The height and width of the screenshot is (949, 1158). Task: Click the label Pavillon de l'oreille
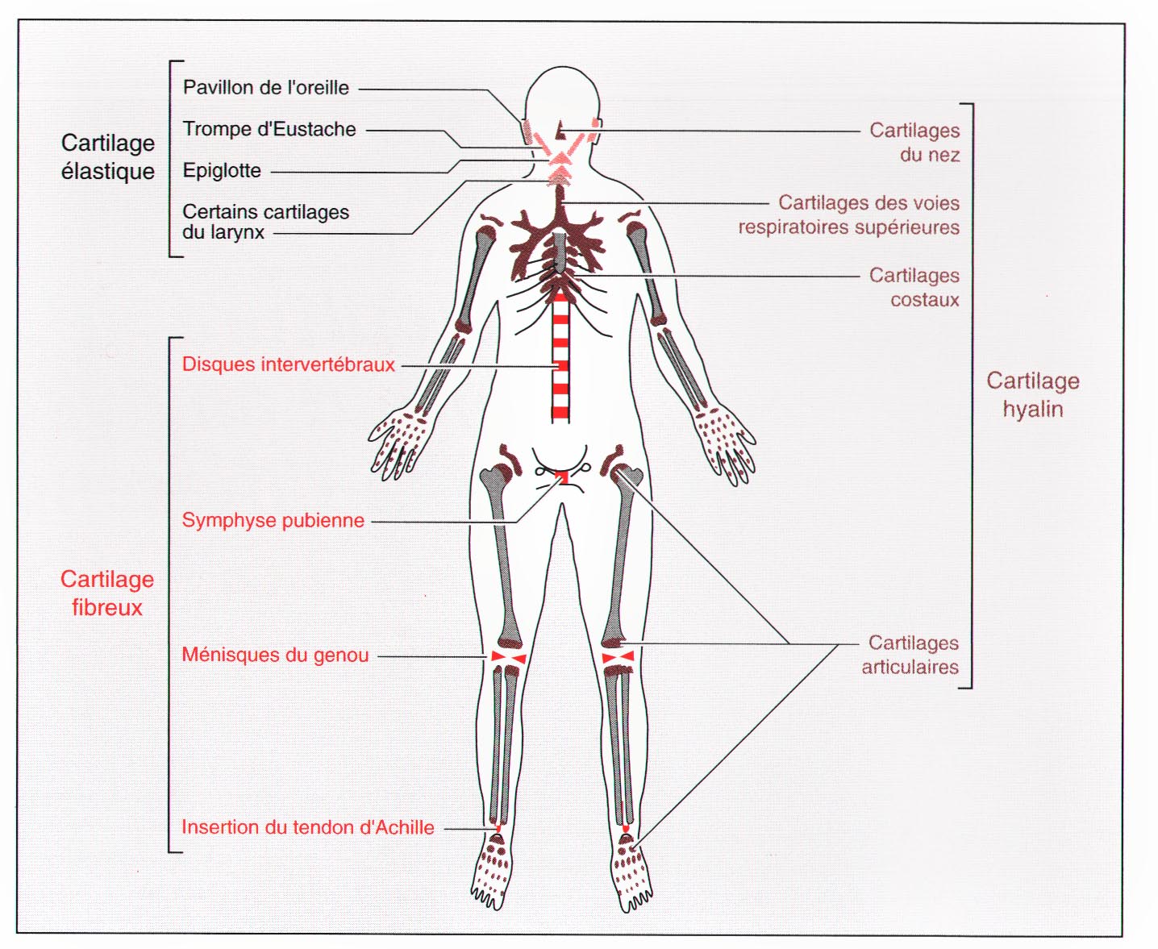click(x=265, y=88)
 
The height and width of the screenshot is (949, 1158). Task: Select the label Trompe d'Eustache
click(x=269, y=129)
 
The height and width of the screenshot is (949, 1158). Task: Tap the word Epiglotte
click(x=222, y=171)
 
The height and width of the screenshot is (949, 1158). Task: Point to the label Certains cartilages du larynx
click(x=265, y=222)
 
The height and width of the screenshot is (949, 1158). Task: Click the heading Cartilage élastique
click(x=108, y=156)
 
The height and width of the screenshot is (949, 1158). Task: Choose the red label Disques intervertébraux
click(x=288, y=364)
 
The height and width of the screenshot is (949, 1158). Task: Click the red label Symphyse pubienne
click(x=273, y=521)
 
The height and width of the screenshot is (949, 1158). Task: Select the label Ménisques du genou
click(x=275, y=655)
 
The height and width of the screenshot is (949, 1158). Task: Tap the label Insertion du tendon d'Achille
click(x=307, y=827)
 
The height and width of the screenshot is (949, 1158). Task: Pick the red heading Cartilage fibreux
click(x=107, y=593)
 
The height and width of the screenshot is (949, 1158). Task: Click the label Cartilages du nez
click(x=914, y=143)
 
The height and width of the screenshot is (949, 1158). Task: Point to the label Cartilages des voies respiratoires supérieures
click(x=849, y=215)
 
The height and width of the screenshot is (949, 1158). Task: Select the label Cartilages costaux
click(x=914, y=288)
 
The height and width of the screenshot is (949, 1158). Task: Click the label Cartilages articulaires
click(x=911, y=655)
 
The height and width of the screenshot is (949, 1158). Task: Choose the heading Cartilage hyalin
click(x=1033, y=394)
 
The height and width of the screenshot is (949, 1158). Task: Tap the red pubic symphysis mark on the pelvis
click(x=563, y=478)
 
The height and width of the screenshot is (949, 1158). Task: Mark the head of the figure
click(x=562, y=105)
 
